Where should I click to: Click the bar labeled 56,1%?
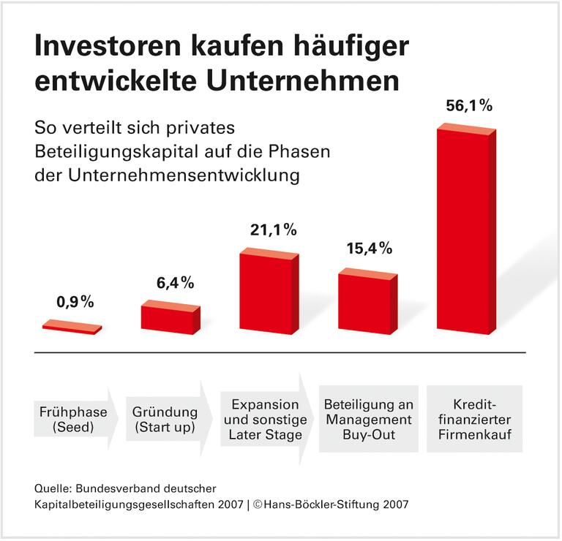[x=465, y=230]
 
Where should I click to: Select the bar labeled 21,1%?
[x=269, y=292]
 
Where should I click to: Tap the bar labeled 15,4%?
[x=367, y=302]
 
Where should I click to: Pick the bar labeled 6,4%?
[x=170, y=318]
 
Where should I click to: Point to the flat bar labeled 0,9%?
[x=72, y=327]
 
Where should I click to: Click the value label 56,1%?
[x=469, y=105]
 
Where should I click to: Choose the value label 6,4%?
[x=173, y=281]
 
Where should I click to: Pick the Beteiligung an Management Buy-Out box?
[x=369, y=420]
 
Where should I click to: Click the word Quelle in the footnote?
[x=53, y=488]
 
